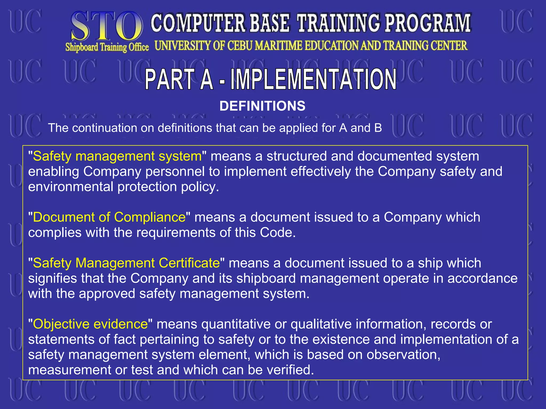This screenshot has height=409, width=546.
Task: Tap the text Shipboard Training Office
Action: [107, 47]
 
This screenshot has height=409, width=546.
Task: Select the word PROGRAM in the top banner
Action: [428, 23]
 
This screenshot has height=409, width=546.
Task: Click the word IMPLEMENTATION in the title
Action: [314, 79]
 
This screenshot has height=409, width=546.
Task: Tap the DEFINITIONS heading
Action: [262, 106]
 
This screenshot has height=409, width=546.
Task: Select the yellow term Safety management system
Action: [117, 156]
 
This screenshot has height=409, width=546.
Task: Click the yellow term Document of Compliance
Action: [109, 217]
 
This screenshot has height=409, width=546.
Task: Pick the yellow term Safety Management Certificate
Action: [126, 263]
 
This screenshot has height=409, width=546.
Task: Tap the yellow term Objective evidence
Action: [90, 324]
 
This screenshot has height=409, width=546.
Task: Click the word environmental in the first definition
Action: [71, 187]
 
